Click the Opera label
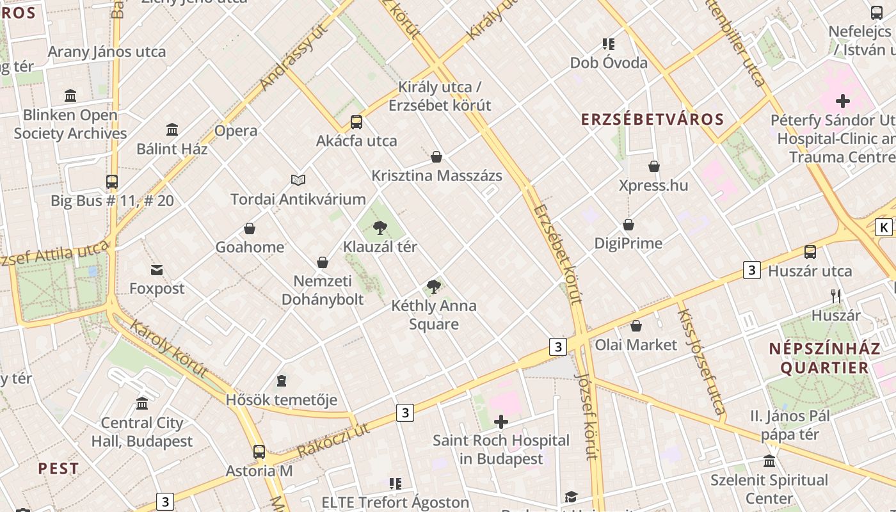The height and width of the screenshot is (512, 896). [x=236, y=131]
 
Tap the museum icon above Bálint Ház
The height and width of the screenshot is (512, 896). [x=172, y=130]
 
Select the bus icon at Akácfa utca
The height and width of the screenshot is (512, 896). [x=356, y=122]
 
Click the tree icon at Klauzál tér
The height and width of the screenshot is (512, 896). [x=380, y=227]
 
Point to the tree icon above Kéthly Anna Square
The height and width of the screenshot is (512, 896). [x=434, y=286]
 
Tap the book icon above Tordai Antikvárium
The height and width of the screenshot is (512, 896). [x=298, y=180]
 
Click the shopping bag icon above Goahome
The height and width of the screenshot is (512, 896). [x=250, y=228]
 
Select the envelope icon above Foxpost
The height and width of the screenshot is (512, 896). [x=157, y=269]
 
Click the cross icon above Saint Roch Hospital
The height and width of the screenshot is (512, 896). [x=501, y=422]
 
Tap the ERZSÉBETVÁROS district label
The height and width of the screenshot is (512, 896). [x=652, y=119]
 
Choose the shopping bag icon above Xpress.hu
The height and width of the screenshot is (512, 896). [x=654, y=166]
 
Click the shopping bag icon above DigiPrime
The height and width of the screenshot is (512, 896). [x=628, y=225]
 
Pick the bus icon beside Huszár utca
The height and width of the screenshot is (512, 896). [x=810, y=252]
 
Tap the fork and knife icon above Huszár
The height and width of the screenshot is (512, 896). [x=836, y=296]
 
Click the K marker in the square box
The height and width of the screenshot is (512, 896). [x=884, y=227]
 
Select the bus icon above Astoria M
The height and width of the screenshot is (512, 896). [x=259, y=451]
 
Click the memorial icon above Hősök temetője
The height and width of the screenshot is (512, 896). [x=282, y=381]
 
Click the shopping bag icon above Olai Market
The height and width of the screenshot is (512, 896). [x=636, y=326]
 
